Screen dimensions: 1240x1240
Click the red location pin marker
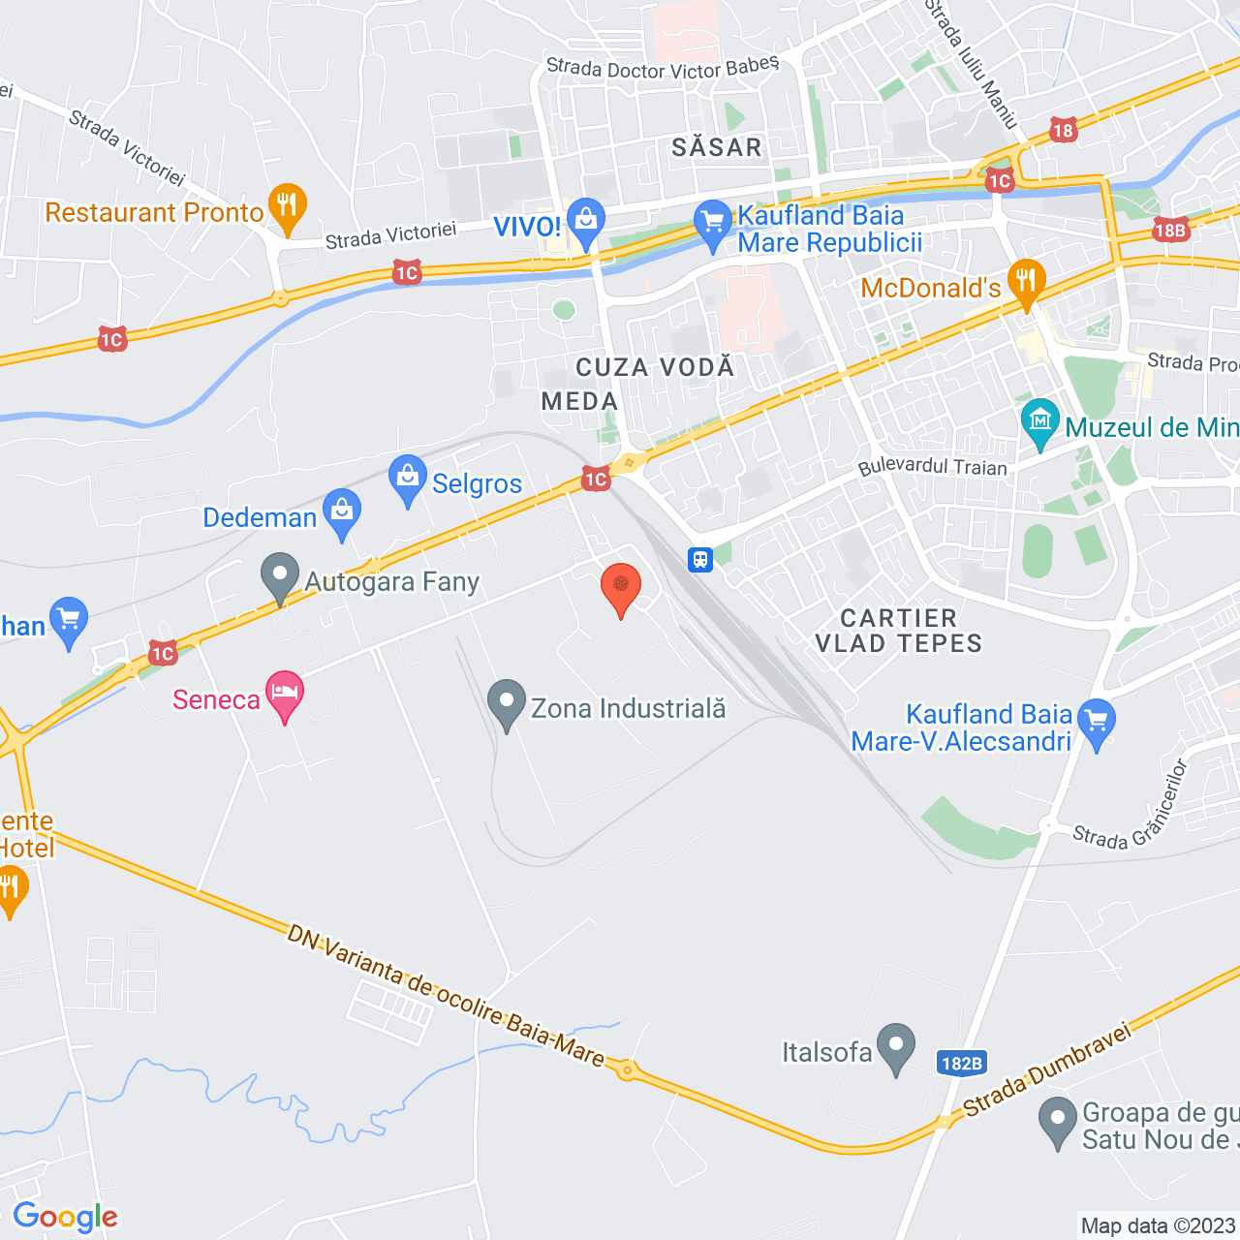621,588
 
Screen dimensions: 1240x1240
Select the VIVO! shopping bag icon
585,222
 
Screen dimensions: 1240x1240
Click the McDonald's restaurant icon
1026,282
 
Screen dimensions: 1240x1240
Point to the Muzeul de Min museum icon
1040,422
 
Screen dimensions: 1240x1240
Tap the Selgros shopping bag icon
408,479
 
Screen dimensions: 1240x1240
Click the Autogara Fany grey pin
280,576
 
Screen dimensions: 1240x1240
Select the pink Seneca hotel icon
285,695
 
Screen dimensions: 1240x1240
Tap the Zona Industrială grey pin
506,704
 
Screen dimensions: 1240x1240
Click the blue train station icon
700,559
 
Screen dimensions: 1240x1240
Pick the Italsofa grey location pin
896,1047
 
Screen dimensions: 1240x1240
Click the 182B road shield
962,1063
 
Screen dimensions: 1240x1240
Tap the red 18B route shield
1170,230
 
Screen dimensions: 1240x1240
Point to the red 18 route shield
1063,130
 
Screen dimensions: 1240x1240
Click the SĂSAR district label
717,147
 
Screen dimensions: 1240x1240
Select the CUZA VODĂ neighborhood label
655,367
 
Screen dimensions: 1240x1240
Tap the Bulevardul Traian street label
933,466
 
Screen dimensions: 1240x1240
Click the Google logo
66,1217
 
